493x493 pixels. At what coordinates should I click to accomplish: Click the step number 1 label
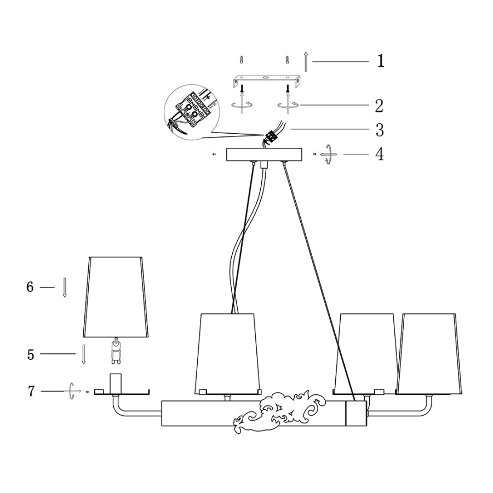click(x=381, y=61)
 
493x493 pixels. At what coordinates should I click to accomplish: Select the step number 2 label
click(x=379, y=106)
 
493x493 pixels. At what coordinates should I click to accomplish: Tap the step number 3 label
click(x=380, y=130)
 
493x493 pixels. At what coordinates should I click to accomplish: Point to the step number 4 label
click(x=380, y=154)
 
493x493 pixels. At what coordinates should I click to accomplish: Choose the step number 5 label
click(x=31, y=354)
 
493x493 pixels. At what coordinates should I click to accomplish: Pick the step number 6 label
click(x=30, y=286)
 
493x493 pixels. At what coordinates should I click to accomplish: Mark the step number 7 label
click(x=31, y=391)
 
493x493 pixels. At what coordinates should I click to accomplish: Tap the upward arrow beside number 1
click(x=306, y=61)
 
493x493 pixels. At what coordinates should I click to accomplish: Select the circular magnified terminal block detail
click(x=192, y=112)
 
